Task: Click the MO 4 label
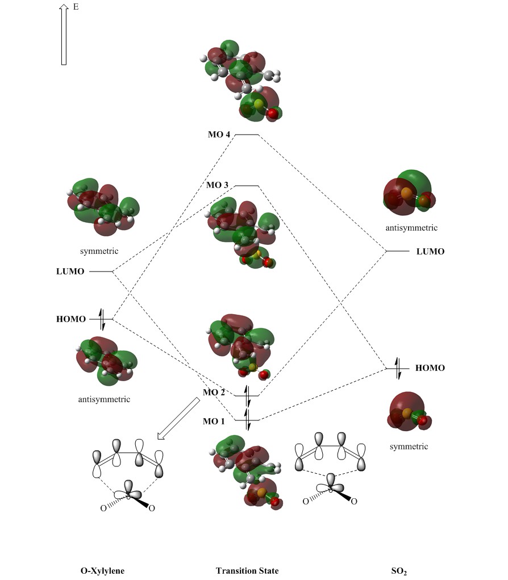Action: (219, 135)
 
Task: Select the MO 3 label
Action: (218, 186)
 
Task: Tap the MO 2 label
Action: (214, 393)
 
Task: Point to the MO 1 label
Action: (214, 422)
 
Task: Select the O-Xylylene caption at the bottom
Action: (102, 570)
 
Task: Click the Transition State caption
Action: (247, 570)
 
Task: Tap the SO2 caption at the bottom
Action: (399, 571)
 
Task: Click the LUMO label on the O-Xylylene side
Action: (70, 272)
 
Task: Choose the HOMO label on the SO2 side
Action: (430, 368)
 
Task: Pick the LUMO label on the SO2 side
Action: (431, 251)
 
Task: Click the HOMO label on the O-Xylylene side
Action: (71, 319)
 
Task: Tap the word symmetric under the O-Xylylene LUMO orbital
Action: (99, 251)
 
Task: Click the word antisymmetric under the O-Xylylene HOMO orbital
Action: (104, 399)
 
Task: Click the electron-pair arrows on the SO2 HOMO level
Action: (398, 368)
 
